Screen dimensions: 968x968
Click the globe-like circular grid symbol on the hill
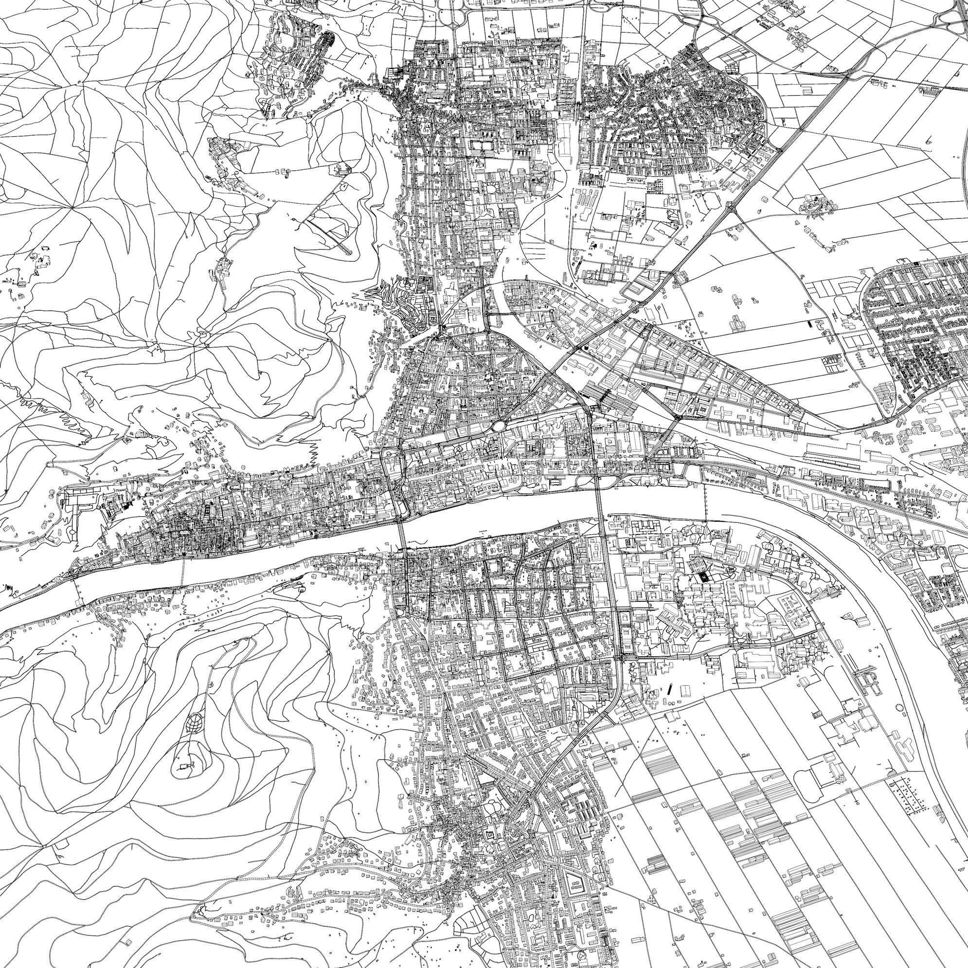(x=195, y=723)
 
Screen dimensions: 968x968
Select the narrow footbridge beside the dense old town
(x=182, y=571)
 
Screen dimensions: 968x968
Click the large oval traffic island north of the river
(x=499, y=427)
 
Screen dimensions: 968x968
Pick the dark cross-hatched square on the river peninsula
(x=703, y=576)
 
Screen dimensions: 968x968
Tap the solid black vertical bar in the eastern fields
(x=810, y=323)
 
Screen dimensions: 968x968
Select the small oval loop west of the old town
(x=73, y=531)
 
